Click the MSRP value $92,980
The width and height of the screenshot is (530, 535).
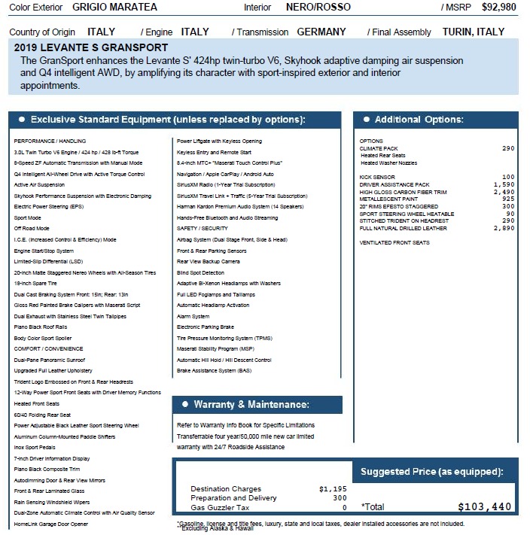click(x=498, y=8)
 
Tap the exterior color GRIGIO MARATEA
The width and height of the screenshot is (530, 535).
click(x=114, y=8)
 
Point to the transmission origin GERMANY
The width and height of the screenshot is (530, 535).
click(x=321, y=32)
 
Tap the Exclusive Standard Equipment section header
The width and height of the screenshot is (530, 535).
click(x=167, y=120)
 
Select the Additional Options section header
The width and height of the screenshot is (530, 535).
click(x=419, y=120)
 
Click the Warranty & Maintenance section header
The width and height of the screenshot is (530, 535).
click(x=251, y=404)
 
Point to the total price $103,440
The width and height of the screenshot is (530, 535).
click(x=486, y=506)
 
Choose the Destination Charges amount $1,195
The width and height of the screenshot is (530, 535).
click(x=333, y=488)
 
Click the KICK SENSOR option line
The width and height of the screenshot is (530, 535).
click(x=377, y=178)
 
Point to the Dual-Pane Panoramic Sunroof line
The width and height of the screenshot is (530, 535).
click(x=52, y=360)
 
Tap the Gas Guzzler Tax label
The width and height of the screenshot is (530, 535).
click(x=218, y=507)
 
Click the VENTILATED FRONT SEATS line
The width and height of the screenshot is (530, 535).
click(x=394, y=243)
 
